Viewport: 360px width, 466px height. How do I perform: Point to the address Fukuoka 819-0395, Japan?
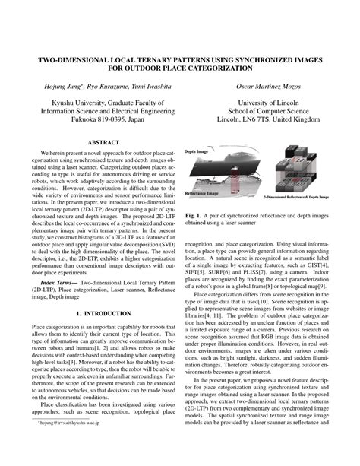pos(101,119)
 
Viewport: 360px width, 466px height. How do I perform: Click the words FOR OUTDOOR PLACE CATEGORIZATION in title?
pos(179,68)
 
